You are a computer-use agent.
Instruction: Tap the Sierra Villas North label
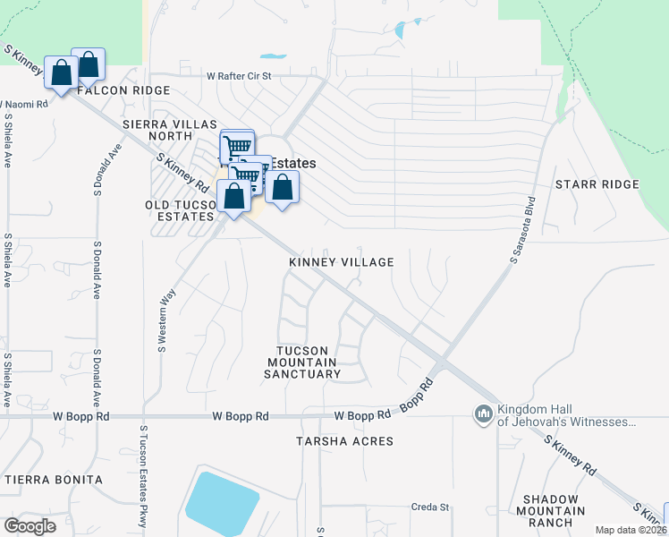tap(157, 129)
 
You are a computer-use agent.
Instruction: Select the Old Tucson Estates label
tap(179, 210)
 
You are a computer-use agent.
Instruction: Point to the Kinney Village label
tap(341, 262)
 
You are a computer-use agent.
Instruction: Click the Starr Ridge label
tap(597, 184)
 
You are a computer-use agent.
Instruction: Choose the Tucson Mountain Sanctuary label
tap(302, 362)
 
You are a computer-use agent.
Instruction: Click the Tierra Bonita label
tap(54, 480)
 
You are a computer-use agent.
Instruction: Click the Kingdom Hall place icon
tap(483, 413)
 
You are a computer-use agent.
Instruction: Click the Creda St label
tap(429, 507)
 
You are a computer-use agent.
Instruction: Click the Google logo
tap(30, 526)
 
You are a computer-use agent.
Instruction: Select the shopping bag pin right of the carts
tap(282, 188)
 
